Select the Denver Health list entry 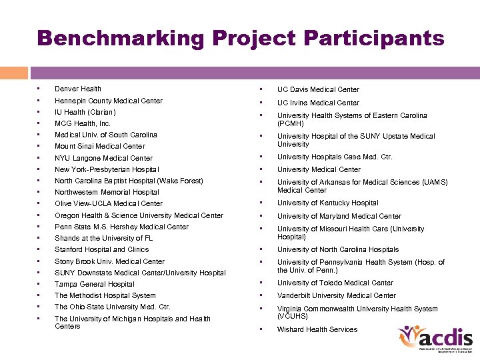pyautogui.click(x=78, y=89)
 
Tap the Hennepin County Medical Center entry pyautogui.click(x=109, y=101)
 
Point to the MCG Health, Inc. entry pyautogui.click(x=83, y=123)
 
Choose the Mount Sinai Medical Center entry pyautogui.click(x=99, y=146)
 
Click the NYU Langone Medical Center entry pyautogui.click(x=103, y=158)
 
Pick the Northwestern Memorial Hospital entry pyautogui.click(x=107, y=192)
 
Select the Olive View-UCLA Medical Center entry pyautogui.click(x=109, y=203)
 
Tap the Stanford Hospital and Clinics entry pyautogui.click(x=101, y=249)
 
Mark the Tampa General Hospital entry pyautogui.click(x=95, y=284)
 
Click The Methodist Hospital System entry pyautogui.click(x=105, y=295)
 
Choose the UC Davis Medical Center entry pyautogui.click(x=318, y=89)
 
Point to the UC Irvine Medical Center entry pyautogui.click(x=318, y=103)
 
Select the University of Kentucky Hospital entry pyautogui.click(x=327, y=203)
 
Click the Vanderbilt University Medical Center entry pyautogui.click(x=337, y=295)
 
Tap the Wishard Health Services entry pyautogui.click(x=317, y=329)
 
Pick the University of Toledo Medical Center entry pyautogui.click(x=335, y=283)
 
